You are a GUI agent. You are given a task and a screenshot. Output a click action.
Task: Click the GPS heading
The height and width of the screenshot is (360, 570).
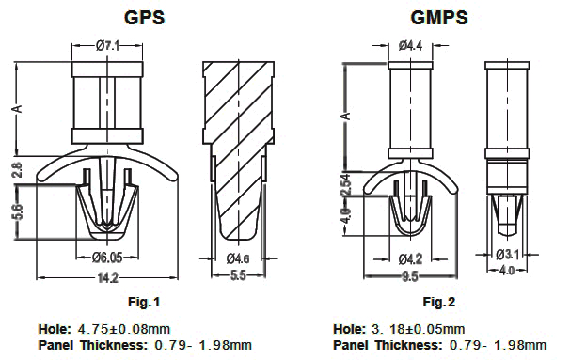[x=144, y=18]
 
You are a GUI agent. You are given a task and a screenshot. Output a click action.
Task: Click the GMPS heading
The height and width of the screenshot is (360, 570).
[x=438, y=18]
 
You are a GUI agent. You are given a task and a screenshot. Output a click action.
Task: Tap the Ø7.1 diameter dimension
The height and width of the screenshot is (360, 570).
[x=107, y=46]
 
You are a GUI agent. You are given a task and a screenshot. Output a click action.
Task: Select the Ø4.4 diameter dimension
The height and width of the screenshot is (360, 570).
[x=410, y=46]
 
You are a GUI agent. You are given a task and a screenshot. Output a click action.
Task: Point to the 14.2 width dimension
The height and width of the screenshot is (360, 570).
[x=108, y=278]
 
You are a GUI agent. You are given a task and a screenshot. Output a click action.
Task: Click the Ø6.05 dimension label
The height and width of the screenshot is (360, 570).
[x=107, y=258]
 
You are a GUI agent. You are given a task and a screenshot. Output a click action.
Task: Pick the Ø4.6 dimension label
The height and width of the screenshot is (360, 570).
[x=238, y=258]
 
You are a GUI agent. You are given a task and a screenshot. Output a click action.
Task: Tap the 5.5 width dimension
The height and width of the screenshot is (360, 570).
[x=238, y=275]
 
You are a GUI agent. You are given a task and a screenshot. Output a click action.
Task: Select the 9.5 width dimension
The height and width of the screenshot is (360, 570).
[x=410, y=276]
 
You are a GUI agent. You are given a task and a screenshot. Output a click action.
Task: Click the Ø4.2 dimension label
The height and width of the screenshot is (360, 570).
[x=410, y=259]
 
